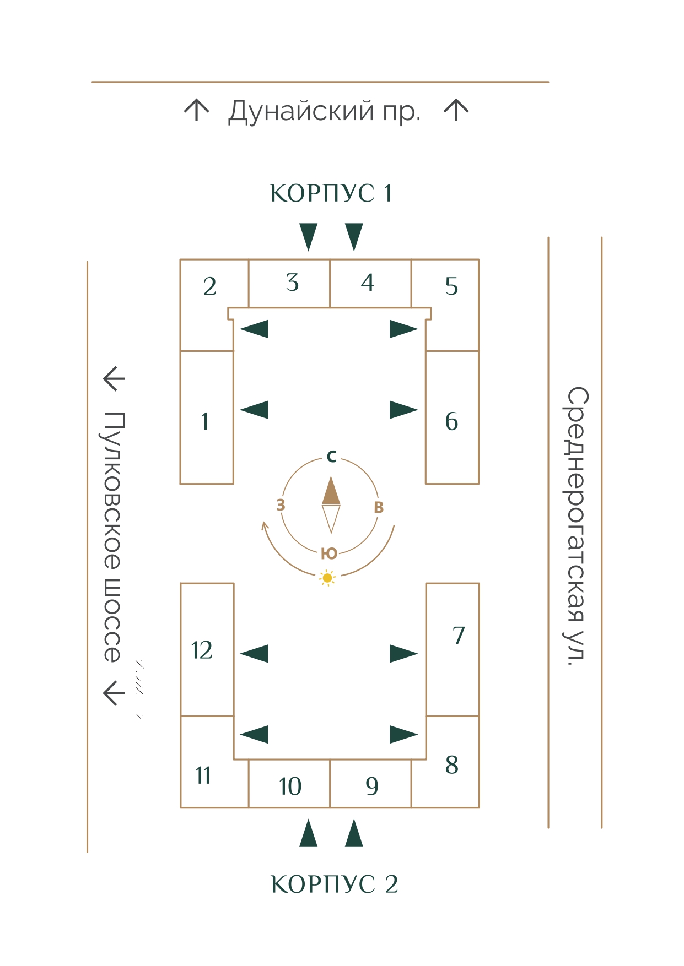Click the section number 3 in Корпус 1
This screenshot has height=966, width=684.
pos(292,283)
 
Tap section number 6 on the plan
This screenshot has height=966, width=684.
pos(451,422)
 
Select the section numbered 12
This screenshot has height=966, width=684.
pos(202,650)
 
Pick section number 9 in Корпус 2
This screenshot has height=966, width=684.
pos(372,786)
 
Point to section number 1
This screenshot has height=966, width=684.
pos(205,422)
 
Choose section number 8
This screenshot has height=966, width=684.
pos(451,765)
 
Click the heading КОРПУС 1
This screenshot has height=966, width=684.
pos(331,193)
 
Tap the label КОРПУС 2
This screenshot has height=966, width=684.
pos(334,884)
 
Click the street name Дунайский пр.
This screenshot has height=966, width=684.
pos(324,111)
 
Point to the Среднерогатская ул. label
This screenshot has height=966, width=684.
pos(577,526)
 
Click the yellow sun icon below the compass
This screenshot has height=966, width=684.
pos(327,578)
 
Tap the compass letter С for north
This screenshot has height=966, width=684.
pos(331,457)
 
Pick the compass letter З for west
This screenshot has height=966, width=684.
pos(281,505)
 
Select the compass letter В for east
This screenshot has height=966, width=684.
pos(379,507)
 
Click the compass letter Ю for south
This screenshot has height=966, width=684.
pos(329,553)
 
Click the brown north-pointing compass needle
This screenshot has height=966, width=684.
pos(331,491)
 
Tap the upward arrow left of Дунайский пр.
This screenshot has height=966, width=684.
pos(196,110)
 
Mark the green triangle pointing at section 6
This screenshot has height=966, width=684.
pos(403,410)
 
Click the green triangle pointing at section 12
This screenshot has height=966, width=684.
pos(255,654)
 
